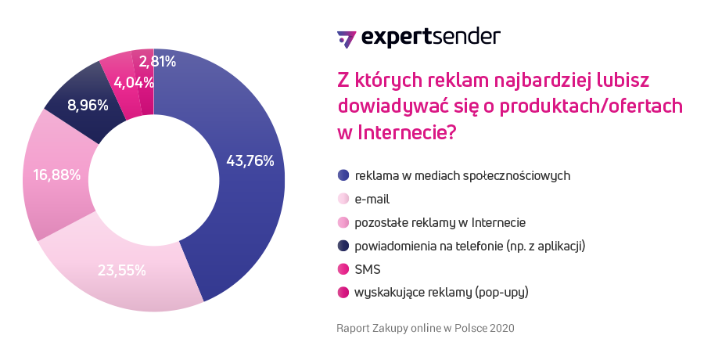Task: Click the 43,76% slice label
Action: pyautogui.click(x=250, y=161)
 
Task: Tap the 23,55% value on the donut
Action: pyautogui.click(x=121, y=271)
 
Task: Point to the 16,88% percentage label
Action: pyautogui.click(x=56, y=175)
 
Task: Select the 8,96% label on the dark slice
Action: pyautogui.click(x=88, y=104)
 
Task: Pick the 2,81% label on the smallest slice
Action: pyautogui.click(x=157, y=60)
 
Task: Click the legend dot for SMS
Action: pyautogui.click(x=343, y=270)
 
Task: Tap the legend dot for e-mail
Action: pyautogui.click(x=343, y=199)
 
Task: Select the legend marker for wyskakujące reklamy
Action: pyautogui.click(x=343, y=293)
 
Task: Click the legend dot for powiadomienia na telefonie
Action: pyautogui.click(x=343, y=246)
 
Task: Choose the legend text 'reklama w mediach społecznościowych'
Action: pyautogui.click(x=462, y=175)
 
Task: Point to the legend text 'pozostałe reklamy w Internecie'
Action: pyautogui.click(x=440, y=222)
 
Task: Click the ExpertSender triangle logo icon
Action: pyautogui.click(x=346, y=38)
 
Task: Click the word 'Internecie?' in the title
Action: pyautogui.click(x=407, y=132)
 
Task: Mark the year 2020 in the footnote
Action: pyautogui.click(x=501, y=327)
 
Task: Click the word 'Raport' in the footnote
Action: pyautogui.click(x=353, y=327)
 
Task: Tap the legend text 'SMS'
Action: pyautogui.click(x=368, y=270)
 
